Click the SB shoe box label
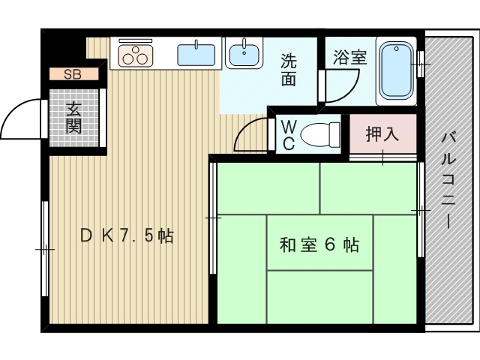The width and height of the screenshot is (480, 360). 73,73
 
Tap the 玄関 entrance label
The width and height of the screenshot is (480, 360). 73,118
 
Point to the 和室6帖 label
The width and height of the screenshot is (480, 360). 319,244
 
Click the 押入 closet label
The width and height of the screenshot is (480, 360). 382,135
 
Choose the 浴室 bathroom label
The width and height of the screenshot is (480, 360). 350,58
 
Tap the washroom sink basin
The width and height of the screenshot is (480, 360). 244,54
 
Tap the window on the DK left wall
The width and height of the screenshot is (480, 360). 45,247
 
